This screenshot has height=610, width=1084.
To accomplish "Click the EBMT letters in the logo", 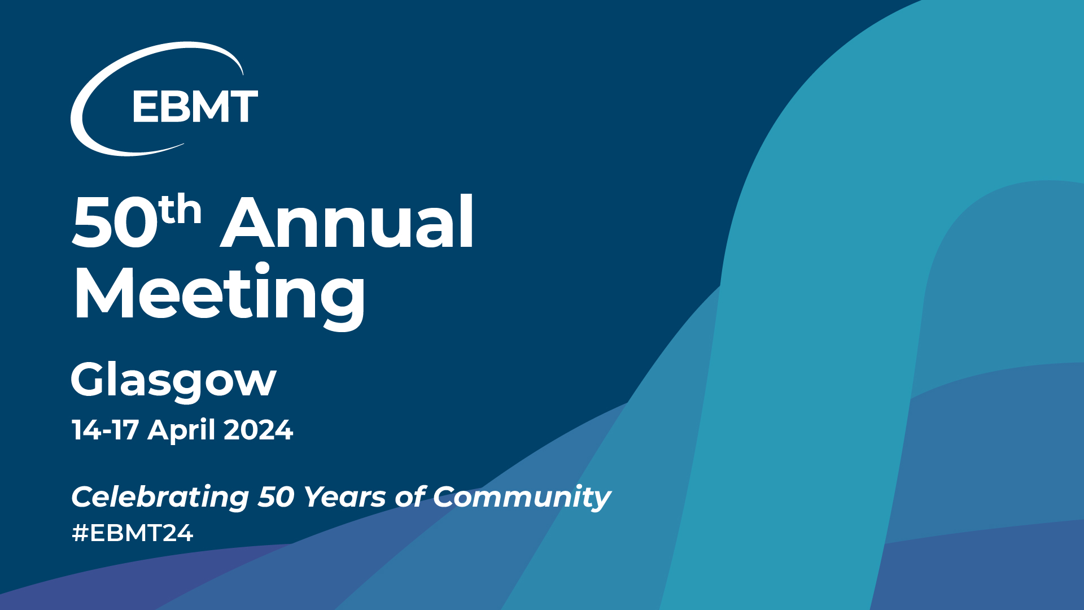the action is point(195,107).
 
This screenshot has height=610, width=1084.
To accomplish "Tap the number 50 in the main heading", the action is point(115,223).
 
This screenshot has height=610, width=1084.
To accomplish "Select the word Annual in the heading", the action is point(347,221).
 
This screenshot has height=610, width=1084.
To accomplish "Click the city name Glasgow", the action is point(173,382).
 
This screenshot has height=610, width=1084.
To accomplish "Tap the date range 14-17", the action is point(105,430).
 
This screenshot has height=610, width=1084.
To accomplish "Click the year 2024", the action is point(259,430).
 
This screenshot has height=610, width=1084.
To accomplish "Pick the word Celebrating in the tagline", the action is point(160,498).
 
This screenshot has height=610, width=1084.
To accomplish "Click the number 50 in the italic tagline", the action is point(277,498).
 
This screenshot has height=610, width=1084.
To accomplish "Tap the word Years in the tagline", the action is point(345,498).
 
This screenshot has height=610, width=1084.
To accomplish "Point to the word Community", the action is point(522,498).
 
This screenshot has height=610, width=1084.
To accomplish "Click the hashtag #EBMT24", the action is point(133,533).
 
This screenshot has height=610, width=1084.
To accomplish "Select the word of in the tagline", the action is point(410,496).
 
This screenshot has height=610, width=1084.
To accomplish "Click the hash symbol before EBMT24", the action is point(80,533).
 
